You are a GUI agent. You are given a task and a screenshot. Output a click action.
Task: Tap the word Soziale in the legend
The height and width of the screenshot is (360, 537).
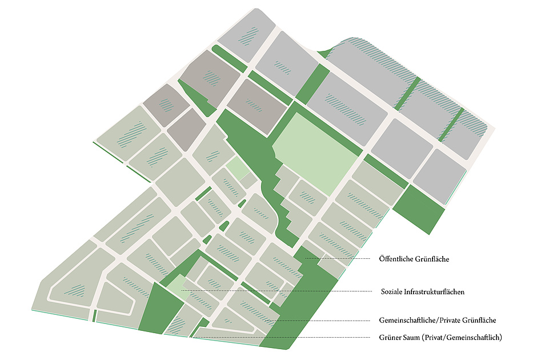point(392,291)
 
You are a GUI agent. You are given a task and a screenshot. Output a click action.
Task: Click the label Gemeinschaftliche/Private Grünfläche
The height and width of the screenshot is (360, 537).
point(437,320)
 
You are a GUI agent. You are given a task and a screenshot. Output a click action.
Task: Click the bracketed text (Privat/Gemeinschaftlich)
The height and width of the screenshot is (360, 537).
point(463,338)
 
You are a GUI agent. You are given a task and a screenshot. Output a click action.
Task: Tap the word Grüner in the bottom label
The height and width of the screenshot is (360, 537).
point(390,338)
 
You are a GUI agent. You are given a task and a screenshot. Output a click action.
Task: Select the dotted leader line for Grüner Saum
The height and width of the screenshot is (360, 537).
point(286,338)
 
